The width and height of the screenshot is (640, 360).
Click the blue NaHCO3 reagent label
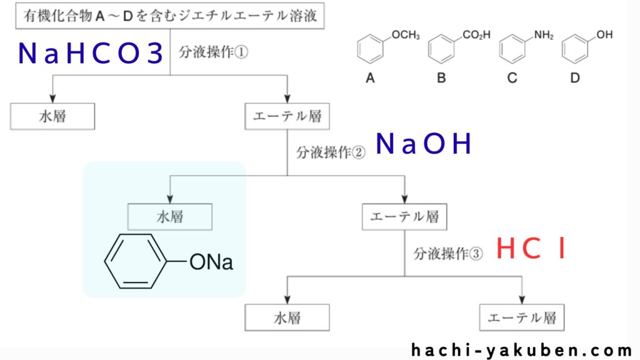tap(91, 54)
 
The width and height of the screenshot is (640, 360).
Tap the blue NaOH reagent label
tap(423, 145)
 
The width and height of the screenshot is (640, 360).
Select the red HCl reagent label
tap(531, 249)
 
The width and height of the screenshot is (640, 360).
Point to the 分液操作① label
tap(214, 52)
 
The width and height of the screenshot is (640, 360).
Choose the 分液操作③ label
tap(448, 254)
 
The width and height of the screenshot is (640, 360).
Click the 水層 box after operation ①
tap(52, 116)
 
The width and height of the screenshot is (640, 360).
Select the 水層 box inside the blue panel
tap(170, 217)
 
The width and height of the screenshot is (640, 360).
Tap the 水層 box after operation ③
tap(287, 317)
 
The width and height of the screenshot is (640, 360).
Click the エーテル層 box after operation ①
tap(287, 116)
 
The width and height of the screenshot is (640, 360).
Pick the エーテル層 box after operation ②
tap(404, 217)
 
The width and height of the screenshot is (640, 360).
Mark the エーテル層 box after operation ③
tap(522, 317)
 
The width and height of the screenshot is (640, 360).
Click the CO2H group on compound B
tap(477, 35)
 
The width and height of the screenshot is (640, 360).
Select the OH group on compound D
tap(604, 35)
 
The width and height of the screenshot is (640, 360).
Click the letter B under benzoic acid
tap(441, 79)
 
